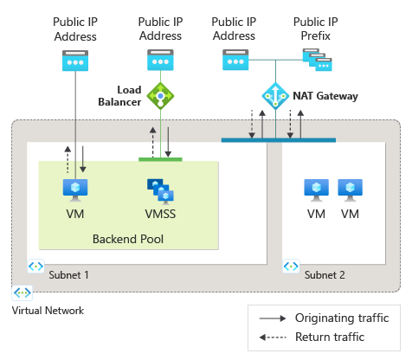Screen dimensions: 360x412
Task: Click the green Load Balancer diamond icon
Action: (x=158, y=94)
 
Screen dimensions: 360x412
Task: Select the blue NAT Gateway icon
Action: (x=276, y=94)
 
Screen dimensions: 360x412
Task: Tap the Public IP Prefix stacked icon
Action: (x=315, y=60)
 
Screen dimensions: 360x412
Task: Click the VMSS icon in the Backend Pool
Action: (x=158, y=190)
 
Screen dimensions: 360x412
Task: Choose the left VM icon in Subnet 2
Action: (x=315, y=190)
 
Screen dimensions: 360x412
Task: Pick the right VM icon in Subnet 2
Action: (x=350, y=190)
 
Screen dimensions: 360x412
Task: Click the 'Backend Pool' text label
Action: (x=127, y=238)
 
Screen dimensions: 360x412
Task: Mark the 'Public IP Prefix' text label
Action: (x=316, y=28)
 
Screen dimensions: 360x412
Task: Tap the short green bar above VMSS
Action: (x=160, y=159)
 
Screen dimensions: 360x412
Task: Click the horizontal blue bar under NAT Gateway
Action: (x=276, y=138)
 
